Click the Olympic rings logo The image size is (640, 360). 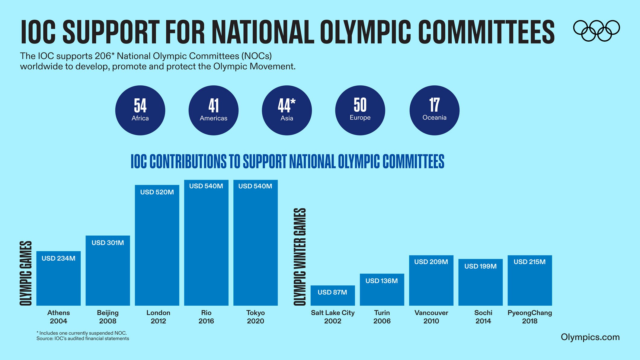[x=596, y=30]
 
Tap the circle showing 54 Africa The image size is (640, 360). [x=140, y=110]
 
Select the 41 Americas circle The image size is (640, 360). [x=213, y=110]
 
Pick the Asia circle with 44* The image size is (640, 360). [x=287, y=110]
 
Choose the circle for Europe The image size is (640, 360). [x=360, y=110]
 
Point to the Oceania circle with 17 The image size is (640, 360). [x=434, y=110]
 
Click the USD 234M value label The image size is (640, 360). [x=59, y=258]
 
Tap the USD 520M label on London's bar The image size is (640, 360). [x=157, y=192]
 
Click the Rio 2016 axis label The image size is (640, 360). [x=206, y=317]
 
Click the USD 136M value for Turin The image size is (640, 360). [x=382, y=281]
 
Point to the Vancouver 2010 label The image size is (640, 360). [x=431, y=317]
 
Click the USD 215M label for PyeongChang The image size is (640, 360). [x=530, y=262]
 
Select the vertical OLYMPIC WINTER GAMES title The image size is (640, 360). [x=300, y=256]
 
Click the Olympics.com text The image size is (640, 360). [x=590, y=337]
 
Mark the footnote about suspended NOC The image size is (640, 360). [x=82, y=333]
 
